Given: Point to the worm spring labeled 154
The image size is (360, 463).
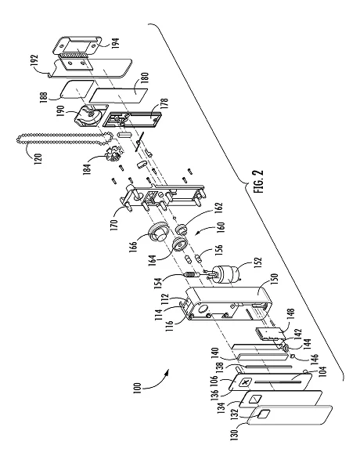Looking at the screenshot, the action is [193, 275].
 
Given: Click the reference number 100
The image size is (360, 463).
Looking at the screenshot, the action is [137, 388].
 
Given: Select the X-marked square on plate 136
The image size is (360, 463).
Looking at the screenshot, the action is [245, 383].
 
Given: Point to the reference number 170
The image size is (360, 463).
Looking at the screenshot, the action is [114, 224].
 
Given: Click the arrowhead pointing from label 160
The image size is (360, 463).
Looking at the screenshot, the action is [196, 234].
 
